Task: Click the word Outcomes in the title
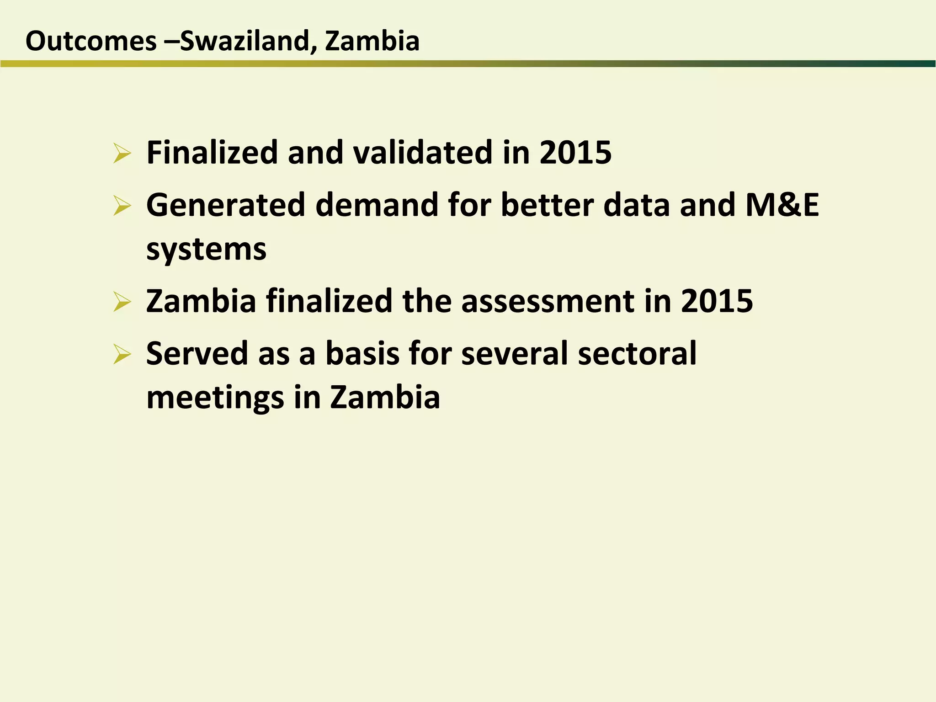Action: point(91,41)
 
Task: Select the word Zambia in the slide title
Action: point(372,41)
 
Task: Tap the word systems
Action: point(206,250)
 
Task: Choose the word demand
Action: point(377,205)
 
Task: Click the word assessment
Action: point(548,301)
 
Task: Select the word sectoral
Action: point(637,354)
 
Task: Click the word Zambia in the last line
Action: point(385,398)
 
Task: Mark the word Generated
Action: point(225,205)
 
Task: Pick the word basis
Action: point(362,354)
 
